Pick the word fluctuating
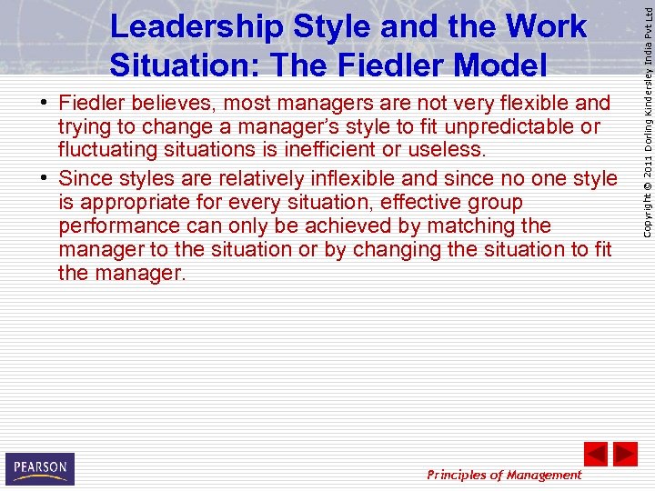(106, 149)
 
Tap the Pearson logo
(39, 468)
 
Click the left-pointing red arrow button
(595, 454)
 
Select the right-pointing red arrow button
(625, 454)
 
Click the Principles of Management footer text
(504, 475)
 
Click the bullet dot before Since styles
(44, 179)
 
